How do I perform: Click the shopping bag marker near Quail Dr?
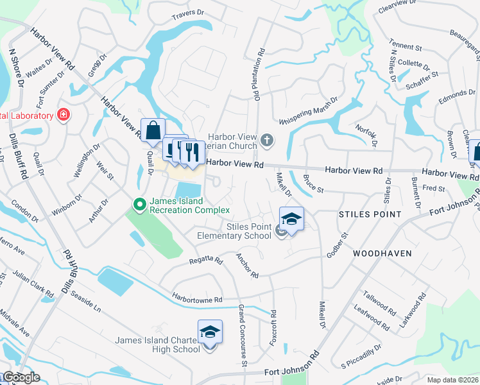[153, 131]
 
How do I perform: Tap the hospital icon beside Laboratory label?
[64, 115]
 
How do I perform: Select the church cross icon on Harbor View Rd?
[268, 139]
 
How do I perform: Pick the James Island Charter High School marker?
[210, 332]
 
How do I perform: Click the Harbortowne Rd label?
[196, 299]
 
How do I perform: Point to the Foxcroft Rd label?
[273, 329]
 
